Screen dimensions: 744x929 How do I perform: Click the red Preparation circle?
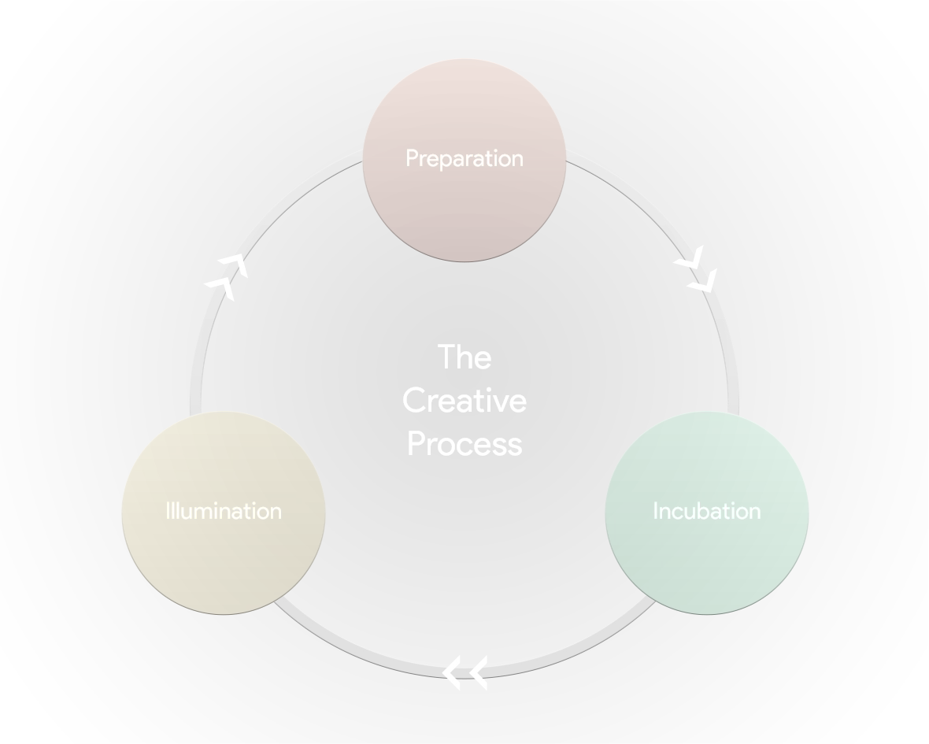464,205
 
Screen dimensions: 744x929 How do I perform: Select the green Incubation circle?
706,551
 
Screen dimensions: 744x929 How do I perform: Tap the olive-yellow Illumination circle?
223,551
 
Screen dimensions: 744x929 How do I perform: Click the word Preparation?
464,158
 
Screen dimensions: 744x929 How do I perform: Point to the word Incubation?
706,511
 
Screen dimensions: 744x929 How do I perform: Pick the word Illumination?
224,511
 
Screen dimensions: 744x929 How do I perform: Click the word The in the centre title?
464,357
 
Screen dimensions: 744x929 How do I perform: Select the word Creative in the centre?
464,401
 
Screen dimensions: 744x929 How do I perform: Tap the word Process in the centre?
464,444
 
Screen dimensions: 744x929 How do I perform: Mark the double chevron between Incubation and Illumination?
464,672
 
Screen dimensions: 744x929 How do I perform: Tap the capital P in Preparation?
412,158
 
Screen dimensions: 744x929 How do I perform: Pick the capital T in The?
446,357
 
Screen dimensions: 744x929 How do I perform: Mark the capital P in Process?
415,444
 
